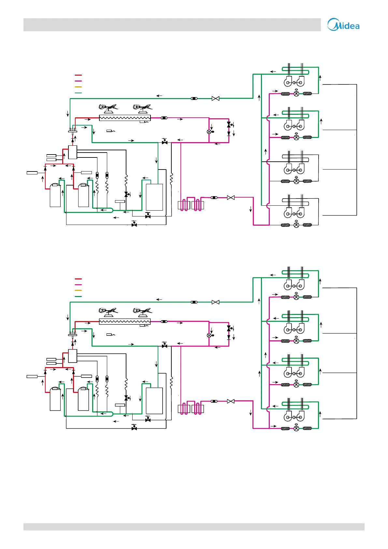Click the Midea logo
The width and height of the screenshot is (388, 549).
tap(343, 25)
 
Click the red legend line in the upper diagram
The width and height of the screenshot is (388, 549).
tap(78, 75)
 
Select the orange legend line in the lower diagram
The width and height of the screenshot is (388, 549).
tap(78, 290)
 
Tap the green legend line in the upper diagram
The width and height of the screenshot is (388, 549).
tap(78, 93)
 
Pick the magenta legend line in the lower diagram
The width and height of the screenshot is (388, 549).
tap(78, 285)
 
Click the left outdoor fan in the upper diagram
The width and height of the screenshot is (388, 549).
tap(108, 107)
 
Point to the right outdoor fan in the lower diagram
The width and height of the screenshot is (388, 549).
tap(142, 311)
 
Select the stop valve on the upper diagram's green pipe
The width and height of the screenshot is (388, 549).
tap(215, 98)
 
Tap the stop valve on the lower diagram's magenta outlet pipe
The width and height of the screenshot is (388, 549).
tap(231, 401)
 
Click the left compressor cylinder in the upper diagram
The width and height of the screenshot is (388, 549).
tap(55, 196)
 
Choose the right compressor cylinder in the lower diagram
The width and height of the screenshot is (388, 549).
tap(83, 399)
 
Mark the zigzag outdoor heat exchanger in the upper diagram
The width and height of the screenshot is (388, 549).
tap(125, 118)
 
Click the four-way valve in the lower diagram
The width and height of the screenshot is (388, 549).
tap(72, 334)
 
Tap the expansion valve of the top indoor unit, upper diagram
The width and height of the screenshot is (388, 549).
tap(296, 94)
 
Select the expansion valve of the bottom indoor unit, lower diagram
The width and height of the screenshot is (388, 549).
tap(296, 428)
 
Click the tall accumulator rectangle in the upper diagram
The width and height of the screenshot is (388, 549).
tap(154, 197)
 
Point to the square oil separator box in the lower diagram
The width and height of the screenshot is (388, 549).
tap(73, 356)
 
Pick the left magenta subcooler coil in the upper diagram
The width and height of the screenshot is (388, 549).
tap(184, 205)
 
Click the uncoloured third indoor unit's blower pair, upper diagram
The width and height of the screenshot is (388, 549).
tap(294, 169)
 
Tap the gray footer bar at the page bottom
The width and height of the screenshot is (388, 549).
tap(194, 527)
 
